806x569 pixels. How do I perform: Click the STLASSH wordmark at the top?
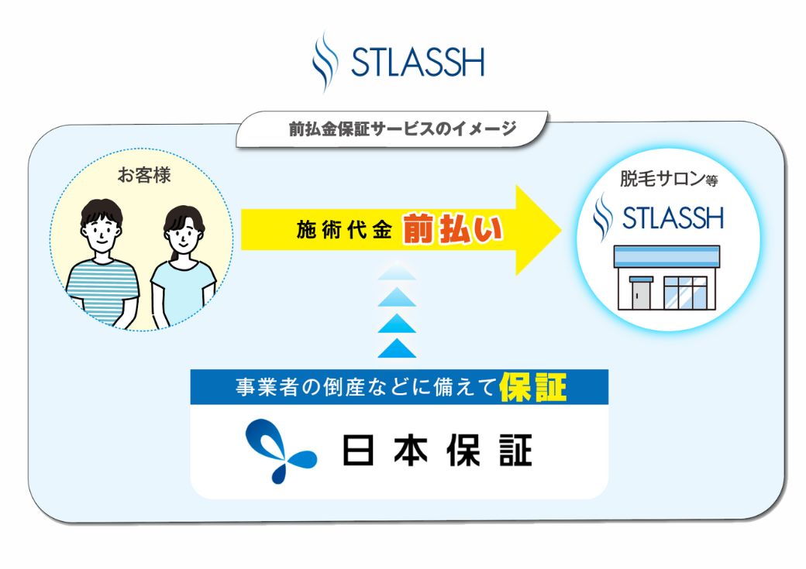(418, 63)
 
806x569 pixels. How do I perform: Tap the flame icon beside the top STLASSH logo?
(325, 62)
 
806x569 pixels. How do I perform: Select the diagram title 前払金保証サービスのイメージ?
(402, 129)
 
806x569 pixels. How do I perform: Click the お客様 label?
(144, 175)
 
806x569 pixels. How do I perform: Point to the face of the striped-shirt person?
(102, 234)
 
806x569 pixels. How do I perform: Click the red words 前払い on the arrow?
(452, 228)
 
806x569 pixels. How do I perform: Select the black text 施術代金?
(344, 230)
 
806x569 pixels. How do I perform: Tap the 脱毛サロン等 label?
(668, 179)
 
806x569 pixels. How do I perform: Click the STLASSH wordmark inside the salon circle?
(673, 218)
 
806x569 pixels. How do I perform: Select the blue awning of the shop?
(666, 255)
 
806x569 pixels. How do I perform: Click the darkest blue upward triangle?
(397, 348)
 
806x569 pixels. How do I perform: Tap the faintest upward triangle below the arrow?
(397, 271)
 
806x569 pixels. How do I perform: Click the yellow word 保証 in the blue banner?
(533, 387)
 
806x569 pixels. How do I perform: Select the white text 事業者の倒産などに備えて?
(367, 387)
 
